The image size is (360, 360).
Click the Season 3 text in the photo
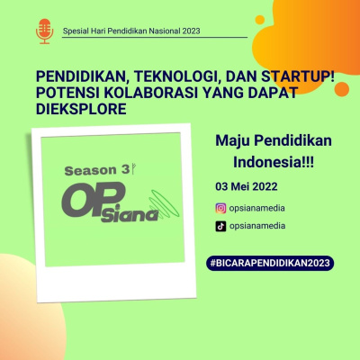click(94, 169)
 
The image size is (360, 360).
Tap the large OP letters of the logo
click(87, 200)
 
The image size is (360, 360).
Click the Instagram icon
click(220, 209)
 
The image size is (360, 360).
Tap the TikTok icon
click(220, 227)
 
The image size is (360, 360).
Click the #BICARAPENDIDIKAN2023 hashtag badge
click(270, 263)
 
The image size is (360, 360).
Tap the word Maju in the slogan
click(234, 140)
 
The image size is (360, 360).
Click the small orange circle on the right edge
click(342, 88)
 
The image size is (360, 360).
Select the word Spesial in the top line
click(77, 31)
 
